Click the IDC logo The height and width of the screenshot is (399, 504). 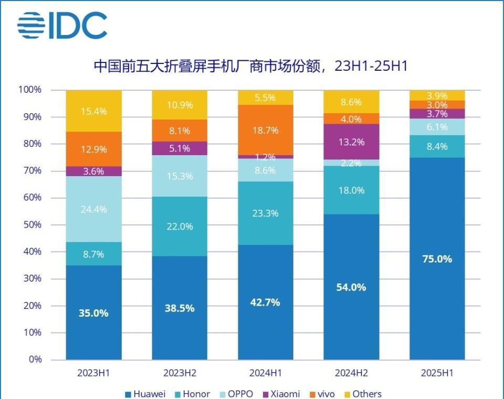(x=62, y=25)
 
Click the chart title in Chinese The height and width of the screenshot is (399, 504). (x=251, y=67)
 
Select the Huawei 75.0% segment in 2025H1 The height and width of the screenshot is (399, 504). (x=437, y=258)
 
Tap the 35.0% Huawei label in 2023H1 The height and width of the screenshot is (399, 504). (x=93, y=313)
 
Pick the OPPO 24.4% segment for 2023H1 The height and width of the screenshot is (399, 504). (x=93, y=209)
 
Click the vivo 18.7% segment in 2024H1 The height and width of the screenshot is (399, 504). (x=266, y=130)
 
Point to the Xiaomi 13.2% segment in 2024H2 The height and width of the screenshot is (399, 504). (x=351, y=142)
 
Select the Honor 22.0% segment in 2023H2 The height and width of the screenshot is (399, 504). (x=180, y=227)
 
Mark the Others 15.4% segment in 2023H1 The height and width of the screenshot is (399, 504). (x=93, y=111)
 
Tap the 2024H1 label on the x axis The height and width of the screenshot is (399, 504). (x=266, y=373)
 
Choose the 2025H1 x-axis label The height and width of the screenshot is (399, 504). (x=437, y=373)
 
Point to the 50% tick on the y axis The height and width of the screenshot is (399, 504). (x=31, y=225)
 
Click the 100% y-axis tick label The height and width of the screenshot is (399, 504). (x=29, y=90)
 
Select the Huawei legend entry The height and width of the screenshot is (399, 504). (x=145, y=394)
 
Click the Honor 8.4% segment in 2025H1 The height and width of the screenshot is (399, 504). (x=437, y=146)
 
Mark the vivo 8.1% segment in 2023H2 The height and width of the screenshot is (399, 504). (x=180, y=131)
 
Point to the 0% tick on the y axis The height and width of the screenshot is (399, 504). (x=35, y=360)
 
